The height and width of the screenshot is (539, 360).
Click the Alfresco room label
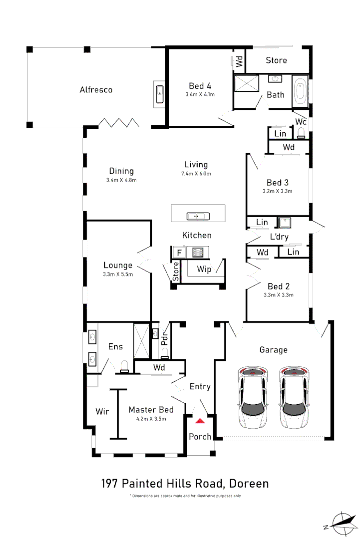point(96,90)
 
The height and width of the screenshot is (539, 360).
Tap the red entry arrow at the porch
point(200,421)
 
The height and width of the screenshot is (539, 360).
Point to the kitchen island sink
point(198,216)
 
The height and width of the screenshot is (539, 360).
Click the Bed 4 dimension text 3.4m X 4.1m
point(200,94)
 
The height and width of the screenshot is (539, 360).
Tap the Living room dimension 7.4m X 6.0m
point(196,174)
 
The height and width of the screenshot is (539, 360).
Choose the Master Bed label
point(151,410)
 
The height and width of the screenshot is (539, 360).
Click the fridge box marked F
point(178,253)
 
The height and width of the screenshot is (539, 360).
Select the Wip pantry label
point(204,269)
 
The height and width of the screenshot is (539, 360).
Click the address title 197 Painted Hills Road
point(185,483)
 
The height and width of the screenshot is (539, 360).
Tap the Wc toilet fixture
point(301,132)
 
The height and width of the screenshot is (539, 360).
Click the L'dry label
point(279,237)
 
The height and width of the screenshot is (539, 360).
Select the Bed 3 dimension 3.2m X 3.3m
point(277,191)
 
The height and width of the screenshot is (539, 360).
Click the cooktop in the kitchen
point(198,252)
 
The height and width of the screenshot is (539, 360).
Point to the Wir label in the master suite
point(102,412)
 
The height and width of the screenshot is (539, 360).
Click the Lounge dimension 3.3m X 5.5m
point(118,274)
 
